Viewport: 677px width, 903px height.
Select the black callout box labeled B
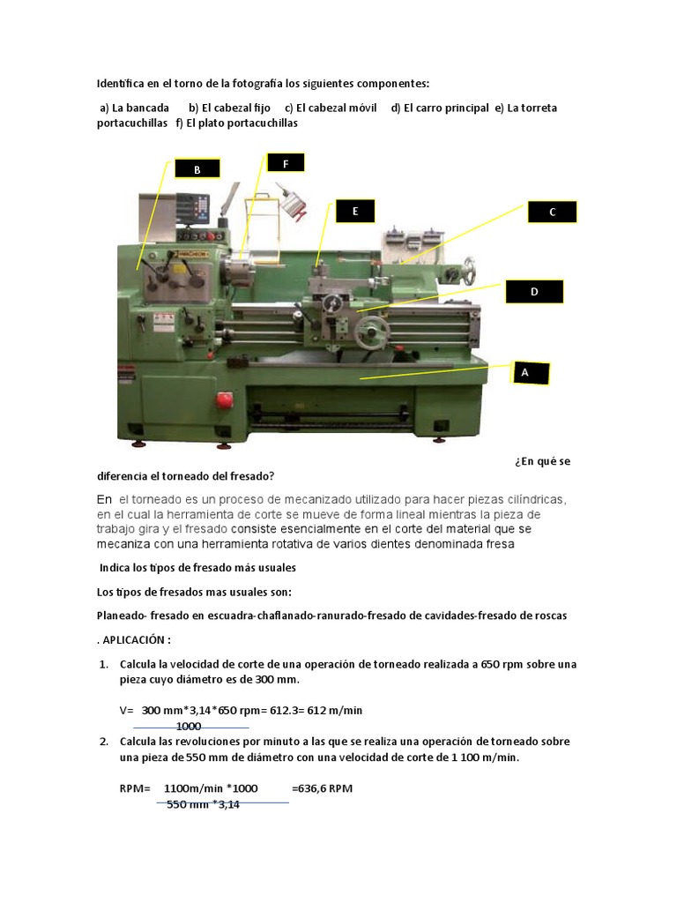point(197,169)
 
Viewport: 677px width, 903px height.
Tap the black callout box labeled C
point(552,212)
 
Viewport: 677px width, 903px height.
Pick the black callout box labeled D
point(533,292)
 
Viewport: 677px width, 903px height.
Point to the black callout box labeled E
point(354,211)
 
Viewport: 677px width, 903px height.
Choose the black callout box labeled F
point(285,163)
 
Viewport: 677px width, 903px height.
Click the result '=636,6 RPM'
point(322,788)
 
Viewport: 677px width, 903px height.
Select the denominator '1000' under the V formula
point(189,726)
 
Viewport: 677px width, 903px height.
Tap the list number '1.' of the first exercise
point(103,664)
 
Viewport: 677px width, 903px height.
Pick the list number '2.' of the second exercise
point(103,742)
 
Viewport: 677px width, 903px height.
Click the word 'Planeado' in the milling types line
point(121,616)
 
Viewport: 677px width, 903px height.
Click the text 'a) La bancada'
point(134,108)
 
